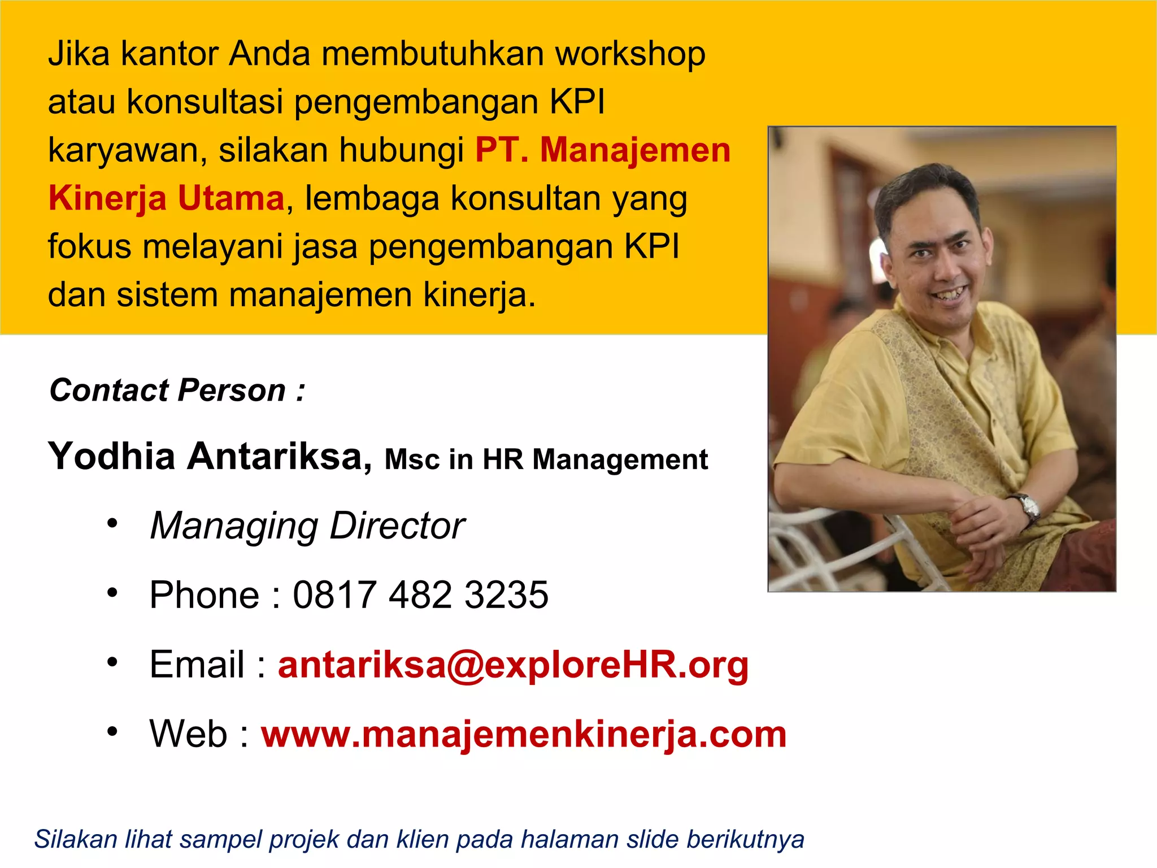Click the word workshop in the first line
click(630, 55)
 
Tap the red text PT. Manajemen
click(603, 150)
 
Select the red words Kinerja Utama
click(166, 199)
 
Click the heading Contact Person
click(177, 390)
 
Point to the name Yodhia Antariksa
click(210, 456)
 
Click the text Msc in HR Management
click(546, 459)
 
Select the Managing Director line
click(307, 526)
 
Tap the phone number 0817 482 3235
click(420, 595)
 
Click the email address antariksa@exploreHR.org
click(513, 665)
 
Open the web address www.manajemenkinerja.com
click(524, 734)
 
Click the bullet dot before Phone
click(112, 593)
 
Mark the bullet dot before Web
click(112, 732)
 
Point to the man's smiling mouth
click(952, 294)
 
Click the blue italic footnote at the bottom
click(419, 839)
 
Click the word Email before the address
click(197, 665)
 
